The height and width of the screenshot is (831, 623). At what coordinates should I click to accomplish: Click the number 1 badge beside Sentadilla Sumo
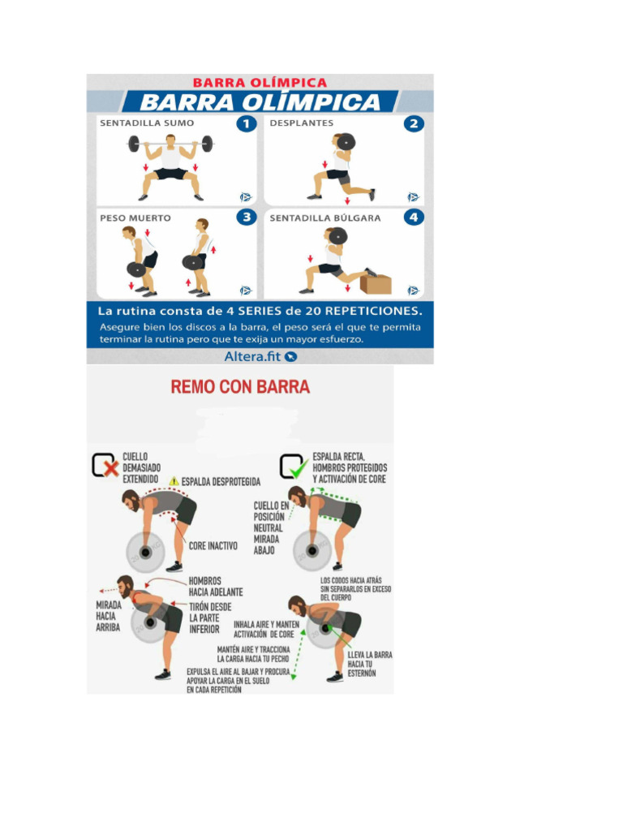coord(246,124)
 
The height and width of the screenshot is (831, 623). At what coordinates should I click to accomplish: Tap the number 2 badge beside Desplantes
coord(414,124)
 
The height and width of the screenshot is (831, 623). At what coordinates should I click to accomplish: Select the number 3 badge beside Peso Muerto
coord(246,217)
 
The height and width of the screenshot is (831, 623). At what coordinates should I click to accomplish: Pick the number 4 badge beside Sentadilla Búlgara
coord(414,217)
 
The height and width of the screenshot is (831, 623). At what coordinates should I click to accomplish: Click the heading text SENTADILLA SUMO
coord(147,124)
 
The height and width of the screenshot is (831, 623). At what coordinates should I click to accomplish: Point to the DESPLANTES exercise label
coord(302,124)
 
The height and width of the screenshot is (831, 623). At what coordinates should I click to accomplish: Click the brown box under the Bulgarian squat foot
coord(376,284)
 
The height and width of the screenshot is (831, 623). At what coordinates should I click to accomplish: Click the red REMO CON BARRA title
coord(240,387)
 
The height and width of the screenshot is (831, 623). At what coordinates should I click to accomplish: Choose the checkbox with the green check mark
coord(293,466)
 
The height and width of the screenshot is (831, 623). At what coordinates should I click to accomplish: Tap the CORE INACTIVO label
coord(213,546)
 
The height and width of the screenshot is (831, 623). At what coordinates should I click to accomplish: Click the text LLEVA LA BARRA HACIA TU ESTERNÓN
coord(369,663)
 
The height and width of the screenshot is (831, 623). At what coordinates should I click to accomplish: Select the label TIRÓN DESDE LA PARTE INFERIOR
coord(209,618)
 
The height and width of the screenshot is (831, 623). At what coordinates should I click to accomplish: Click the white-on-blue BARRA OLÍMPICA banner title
coord(260,102)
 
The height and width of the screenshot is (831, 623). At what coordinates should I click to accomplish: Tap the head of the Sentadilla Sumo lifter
coord(170,140)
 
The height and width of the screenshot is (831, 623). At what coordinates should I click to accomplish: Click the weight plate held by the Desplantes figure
coord(344,143)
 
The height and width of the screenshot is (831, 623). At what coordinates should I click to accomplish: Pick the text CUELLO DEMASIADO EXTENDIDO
coord(141,468)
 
